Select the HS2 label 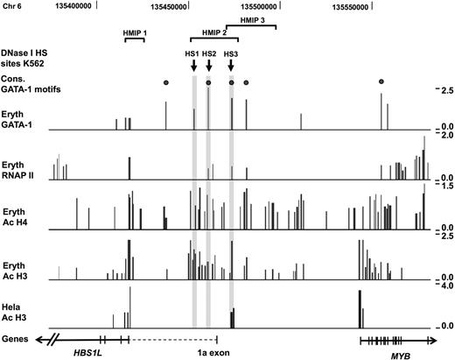point(209,54)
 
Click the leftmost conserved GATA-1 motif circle point(165,82)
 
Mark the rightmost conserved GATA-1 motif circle point(381,82)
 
